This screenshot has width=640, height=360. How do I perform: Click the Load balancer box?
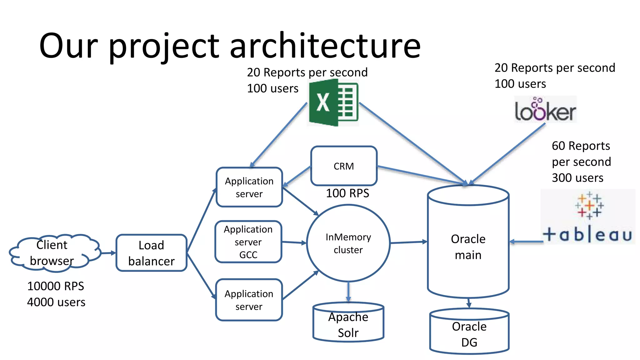coord(151,253)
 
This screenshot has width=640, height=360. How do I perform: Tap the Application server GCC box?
coord(248,242)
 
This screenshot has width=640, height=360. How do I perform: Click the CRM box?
coord(344,166)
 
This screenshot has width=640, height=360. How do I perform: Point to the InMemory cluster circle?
coord(348,243)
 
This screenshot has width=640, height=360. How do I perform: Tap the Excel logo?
coord(333,102)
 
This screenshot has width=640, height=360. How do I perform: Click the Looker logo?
coord(545,110)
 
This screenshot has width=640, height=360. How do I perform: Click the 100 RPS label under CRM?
coord(347,193)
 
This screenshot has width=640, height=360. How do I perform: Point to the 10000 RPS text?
coord(56,286)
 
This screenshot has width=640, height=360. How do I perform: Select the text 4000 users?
coord(56,302)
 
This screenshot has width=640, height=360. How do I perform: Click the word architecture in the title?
coord(325,46)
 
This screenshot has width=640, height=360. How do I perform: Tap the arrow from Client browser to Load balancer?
coord(108,253)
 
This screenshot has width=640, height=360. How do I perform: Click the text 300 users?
coord(577,178)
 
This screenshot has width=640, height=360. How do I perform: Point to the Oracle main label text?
coord(468,247)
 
